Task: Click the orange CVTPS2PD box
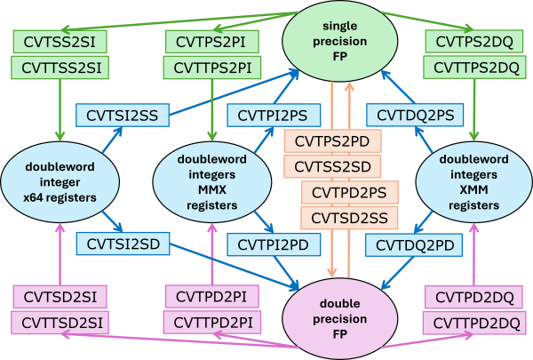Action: pyautogui.click(x=333, y=140)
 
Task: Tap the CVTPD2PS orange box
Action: pyautogui.click(x=349, y=192)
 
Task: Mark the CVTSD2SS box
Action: pyautogui.click(x=349, y=216)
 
